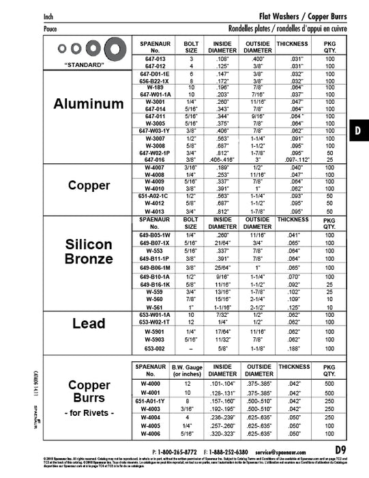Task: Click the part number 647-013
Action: [155, 59]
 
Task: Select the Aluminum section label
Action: [89, 104]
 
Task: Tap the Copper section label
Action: [89, 186]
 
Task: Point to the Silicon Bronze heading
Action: [89, 251]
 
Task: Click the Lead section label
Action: [89, 324]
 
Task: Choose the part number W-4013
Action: [155, 211]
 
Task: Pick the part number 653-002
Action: [155, 348]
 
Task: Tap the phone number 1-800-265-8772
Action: [179, 452]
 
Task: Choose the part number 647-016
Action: [155, 159]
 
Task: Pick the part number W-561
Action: [155, 307]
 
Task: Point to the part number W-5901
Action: [155, 331]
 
